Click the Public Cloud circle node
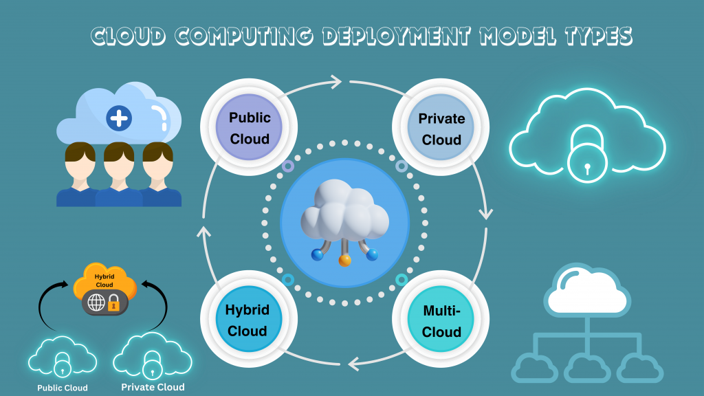pyautogui.click(x=250, y=129)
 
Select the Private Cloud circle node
pyautogui.click(x=441, y=129)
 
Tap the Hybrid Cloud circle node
pyautogui.click(x=247, y=320)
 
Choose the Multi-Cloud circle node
pyautogui.click(x=441, y=321)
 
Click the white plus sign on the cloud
pyautogui.click(x=119, y=118)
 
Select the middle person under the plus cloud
pyautogui.click(x=119, y=175)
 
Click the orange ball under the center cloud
pyautogui.click(x=344, y=260)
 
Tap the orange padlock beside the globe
pyautogui.click(x=114, y=303)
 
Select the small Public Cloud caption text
pyautogui.click(x=63, y=388)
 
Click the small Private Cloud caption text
pyautogui.click(x=153, y=387)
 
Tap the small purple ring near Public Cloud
pyautogui.click(x=288, y=166)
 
